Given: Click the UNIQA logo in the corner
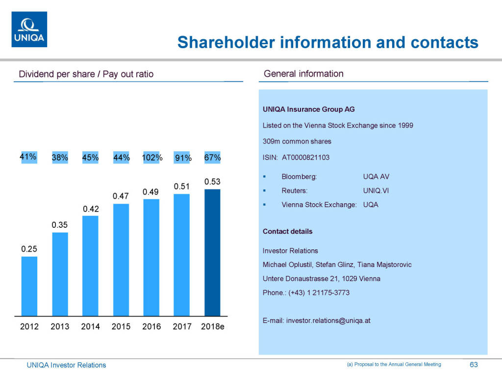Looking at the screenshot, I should pos(29,29).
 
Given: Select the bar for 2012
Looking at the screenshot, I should pos(29,286).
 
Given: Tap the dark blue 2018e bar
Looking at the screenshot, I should pos(212,252).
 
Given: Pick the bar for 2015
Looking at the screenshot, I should pos(121,260).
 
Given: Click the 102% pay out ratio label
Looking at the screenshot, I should pos(151,158).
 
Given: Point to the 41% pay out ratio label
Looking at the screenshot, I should pos(28,157).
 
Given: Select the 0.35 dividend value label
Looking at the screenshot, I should pos(60,225).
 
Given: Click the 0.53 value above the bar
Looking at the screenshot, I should pos(212,182).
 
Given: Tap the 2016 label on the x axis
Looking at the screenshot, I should pos(151,326).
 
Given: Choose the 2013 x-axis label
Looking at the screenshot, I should pos(60,326).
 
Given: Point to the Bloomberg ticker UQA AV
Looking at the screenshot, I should pos(376,177).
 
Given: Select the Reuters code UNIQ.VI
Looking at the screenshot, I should pos(376,191).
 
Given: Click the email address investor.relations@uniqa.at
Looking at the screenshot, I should pos(328,321).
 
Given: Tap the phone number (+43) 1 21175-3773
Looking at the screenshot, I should pos(319,293).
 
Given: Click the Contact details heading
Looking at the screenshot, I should pos(287,231).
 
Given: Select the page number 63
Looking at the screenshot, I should pos(474,365).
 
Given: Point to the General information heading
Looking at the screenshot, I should pos(303,74).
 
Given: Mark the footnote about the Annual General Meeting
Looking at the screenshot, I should pos(394,364).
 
